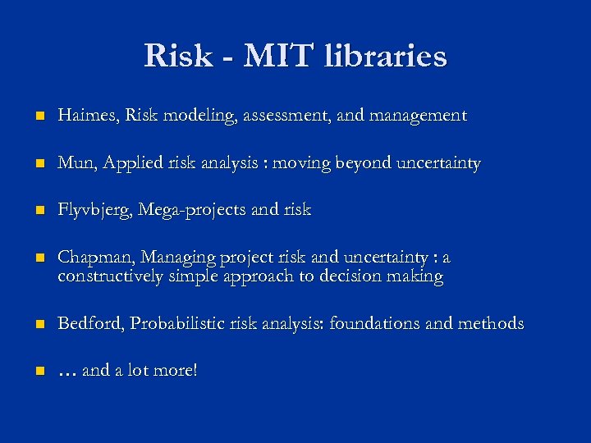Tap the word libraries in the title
point(386,56)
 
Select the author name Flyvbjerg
point(94,210)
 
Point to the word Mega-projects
point(192,210)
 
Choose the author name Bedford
point(87,323)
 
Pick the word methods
point(492,323)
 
